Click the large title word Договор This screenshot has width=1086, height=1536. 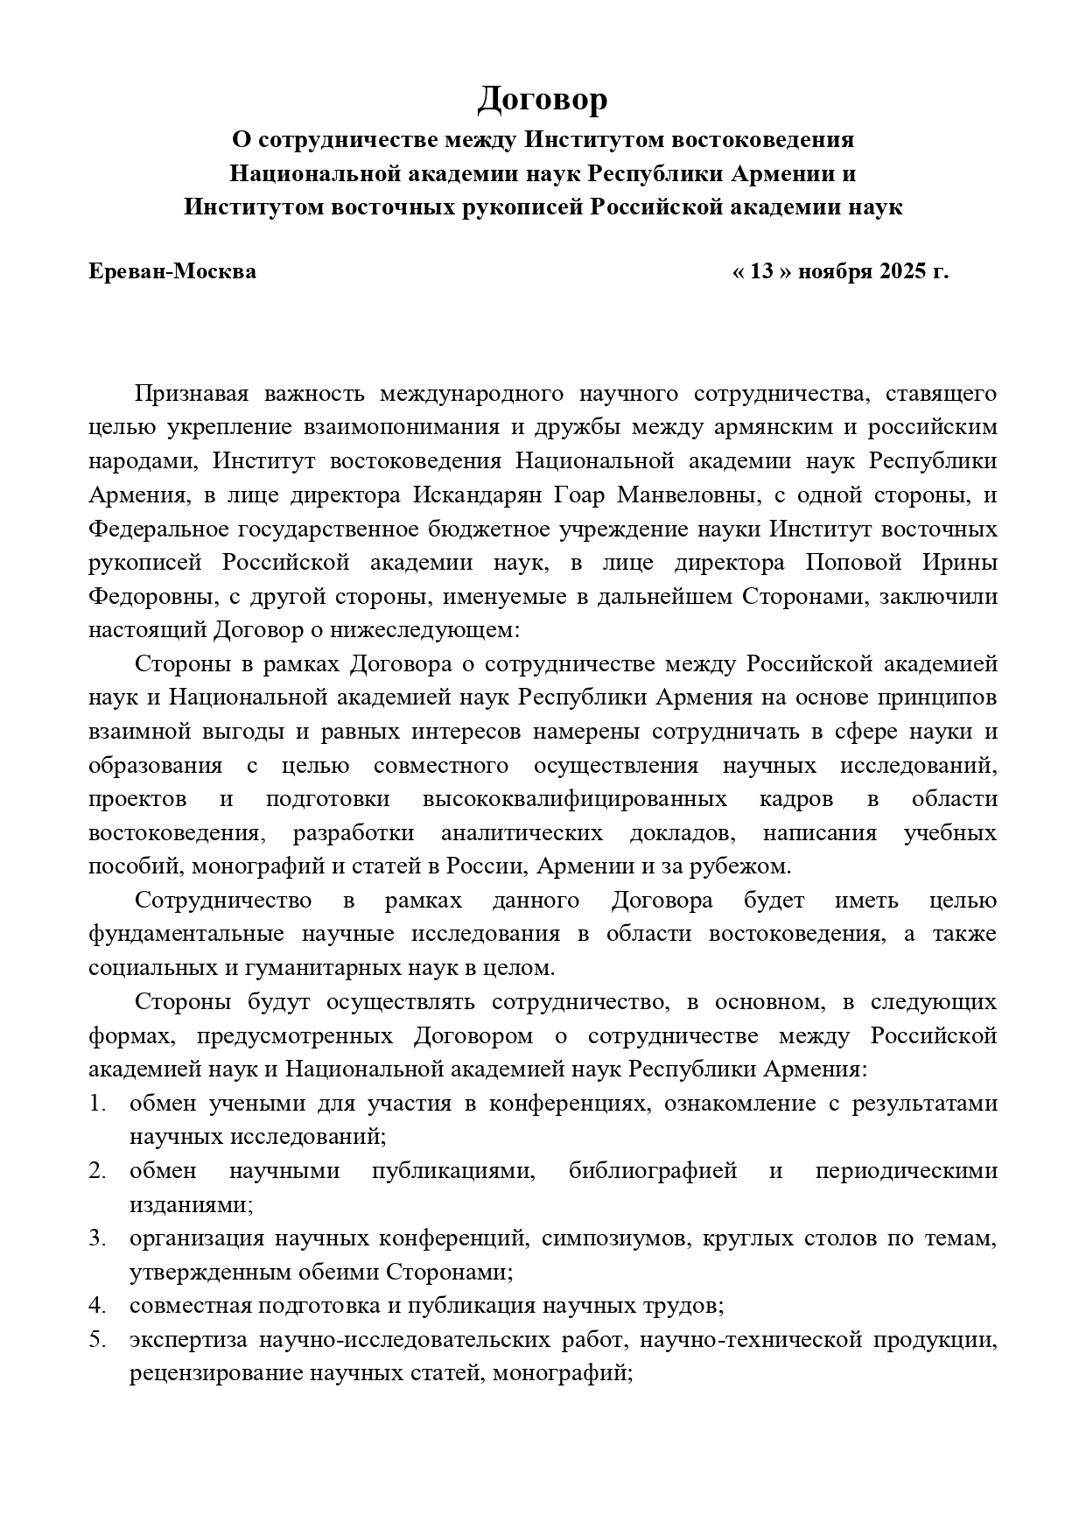pos(542,100)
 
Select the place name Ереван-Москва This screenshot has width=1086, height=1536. pos(172,271)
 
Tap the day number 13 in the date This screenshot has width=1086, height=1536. pos(762,271)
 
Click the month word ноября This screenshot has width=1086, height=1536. pos(832,271)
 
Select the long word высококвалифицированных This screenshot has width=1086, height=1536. pos(574,799)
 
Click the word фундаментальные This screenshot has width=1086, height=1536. pos(186,934)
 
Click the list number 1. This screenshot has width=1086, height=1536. pos(95,1104)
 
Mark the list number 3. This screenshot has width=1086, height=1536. pos(95,1238)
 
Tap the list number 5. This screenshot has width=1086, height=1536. pos(95,1340)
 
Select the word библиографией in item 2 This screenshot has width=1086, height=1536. pos(653,1171)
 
